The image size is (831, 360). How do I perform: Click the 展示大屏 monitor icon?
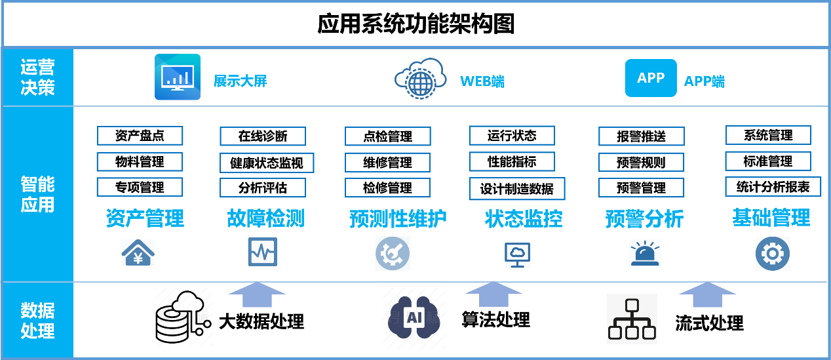(x=177, y=77)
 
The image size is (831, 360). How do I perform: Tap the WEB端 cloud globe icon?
(x=420, y=79)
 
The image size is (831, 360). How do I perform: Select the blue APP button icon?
(x=650, y=78)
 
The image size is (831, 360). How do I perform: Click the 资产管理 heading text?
(x=145, y=218)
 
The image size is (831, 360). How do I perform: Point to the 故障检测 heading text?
(x=265, y=218)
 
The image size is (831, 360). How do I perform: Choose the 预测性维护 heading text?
(x=398, y=218)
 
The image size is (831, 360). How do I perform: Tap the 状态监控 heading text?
(x=524, y=218)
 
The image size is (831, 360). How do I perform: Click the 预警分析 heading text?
(x=644, y=218)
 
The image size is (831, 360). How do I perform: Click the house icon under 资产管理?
(x=138, y=252)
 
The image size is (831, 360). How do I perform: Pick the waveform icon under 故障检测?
(x=262, y=252)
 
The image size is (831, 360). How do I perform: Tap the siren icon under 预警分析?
(x=645, y=253)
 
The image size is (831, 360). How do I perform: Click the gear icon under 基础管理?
(x=772, y=254)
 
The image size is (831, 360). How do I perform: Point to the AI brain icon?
(x=414, y=317)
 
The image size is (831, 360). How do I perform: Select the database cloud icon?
(x=184, y=317)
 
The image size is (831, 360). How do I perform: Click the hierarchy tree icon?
(x=632, y=319)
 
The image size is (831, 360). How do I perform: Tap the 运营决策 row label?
(x=37, y=77)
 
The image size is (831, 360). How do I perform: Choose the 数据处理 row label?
(x=37, y=320)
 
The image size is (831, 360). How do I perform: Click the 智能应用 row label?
(x=37, y=194)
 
